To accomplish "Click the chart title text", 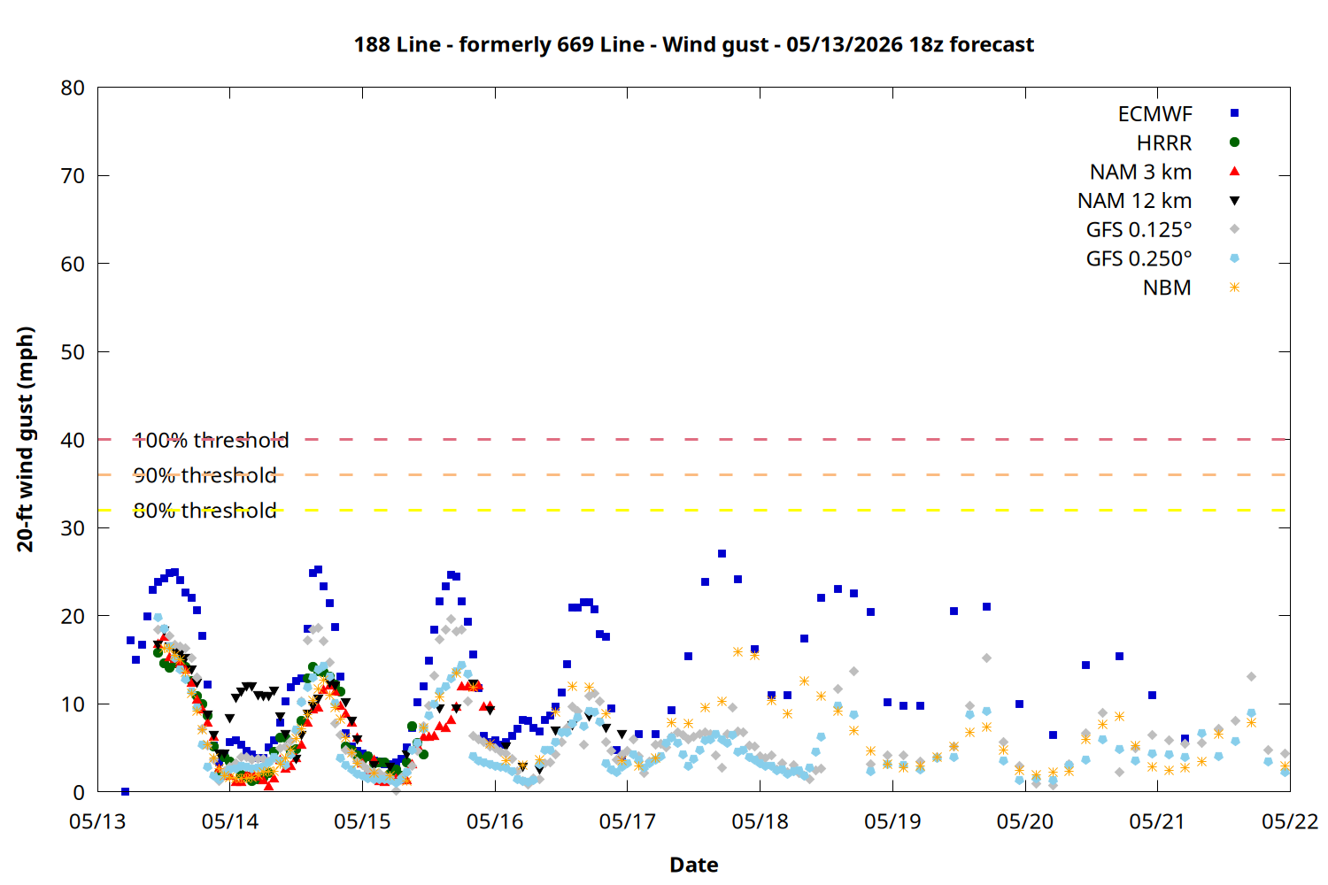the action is (x=693, y=45).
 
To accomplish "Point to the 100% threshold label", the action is (x=211, y=441).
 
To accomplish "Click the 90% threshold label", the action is (x=205, y=475).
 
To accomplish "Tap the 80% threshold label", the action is (x=205, y=511).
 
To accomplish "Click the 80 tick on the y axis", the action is (x=73, y=88).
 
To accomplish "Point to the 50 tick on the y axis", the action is (x=73, y=352).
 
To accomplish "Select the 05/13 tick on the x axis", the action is (x=97, y=821).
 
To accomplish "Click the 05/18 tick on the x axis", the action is (x=760, y=821).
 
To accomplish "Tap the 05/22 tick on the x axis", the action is (x=1290, y=821).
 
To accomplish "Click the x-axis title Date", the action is (x=693, y=865).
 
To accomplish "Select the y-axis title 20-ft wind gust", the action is (x=26, y=439).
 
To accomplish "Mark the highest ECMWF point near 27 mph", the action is (x=722, y=554).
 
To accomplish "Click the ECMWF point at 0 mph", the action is (x=125, y=791).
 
